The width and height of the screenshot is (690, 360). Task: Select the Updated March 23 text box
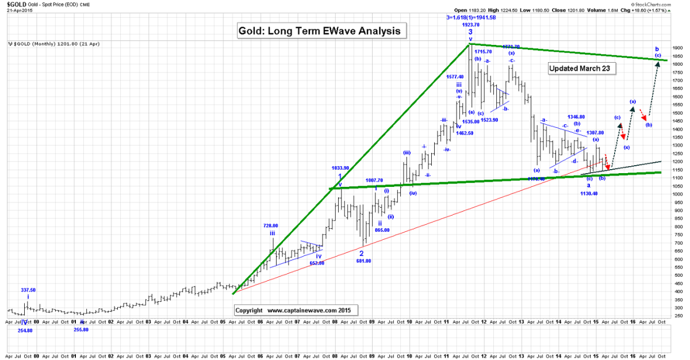[x=582, y=68]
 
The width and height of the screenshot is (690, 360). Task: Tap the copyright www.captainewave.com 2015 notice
[x=296, y=310]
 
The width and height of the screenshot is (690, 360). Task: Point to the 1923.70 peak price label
[x=470, y=25]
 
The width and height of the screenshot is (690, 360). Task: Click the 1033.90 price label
[x=340, y=168]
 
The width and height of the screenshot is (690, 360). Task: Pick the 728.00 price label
[x=271, y=226]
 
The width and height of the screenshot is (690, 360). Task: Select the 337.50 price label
[x=28, y=290]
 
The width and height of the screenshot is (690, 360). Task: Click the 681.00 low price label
[x=363, y=261]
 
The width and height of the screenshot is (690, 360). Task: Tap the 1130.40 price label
[x=589, y=193]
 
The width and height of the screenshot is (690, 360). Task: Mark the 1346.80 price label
[x=576, y=117]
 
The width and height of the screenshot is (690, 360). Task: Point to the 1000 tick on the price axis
[x=676, y=194]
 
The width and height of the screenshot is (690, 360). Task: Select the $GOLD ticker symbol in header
[x=16, y=5]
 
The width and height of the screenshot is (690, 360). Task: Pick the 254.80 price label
[x=25, y=330]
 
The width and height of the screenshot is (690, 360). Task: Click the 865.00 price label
[x=382, y=230]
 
